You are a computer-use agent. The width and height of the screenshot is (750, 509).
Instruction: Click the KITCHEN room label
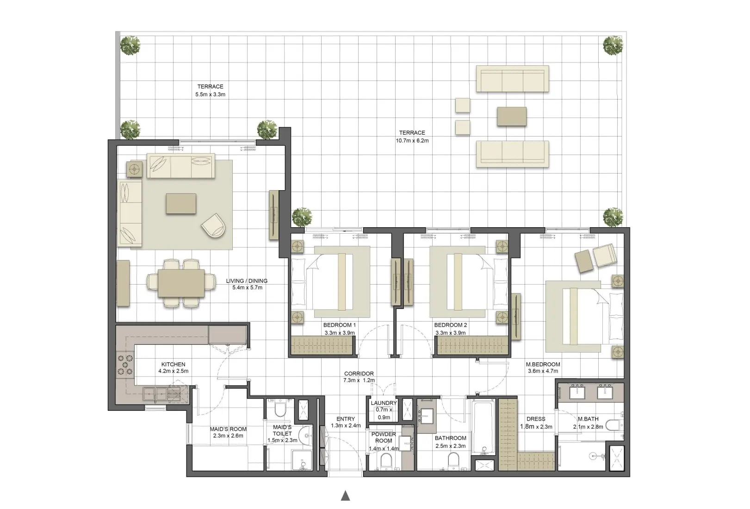(173, 365)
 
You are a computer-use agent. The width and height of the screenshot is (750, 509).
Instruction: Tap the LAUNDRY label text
(384, 403)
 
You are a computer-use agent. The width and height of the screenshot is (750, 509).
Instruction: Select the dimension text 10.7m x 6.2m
(412, 141)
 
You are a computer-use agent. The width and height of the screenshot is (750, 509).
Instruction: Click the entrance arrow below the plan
(345, 496)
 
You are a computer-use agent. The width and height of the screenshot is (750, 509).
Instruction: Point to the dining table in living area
(181, 284)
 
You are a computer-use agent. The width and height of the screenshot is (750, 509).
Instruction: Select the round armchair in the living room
(213, 225)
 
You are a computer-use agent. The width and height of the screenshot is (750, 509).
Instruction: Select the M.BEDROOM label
(543, 365)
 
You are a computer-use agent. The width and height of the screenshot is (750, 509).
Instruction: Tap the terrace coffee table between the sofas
(511, 116)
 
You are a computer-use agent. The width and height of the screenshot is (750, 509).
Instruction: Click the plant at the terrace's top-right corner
(613, 45)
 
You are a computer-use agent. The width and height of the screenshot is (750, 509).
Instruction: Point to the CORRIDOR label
(359, 374)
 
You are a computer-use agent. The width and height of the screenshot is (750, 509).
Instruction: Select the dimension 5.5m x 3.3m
(210, 94)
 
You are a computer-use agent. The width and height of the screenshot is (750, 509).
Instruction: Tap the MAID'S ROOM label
(228, 429)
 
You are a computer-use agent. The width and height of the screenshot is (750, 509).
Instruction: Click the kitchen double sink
(155, 394)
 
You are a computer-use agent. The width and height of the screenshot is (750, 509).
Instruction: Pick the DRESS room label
(535, 419)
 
